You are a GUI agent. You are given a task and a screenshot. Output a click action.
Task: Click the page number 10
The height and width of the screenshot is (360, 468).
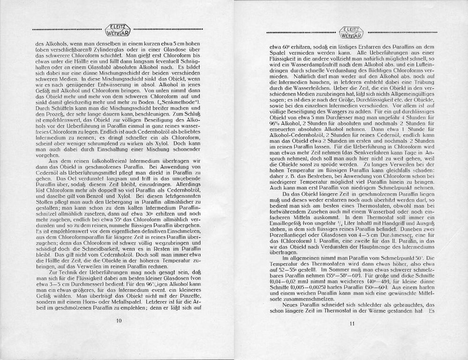119,321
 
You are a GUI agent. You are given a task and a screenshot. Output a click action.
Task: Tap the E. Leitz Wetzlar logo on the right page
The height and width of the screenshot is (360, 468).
352,32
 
